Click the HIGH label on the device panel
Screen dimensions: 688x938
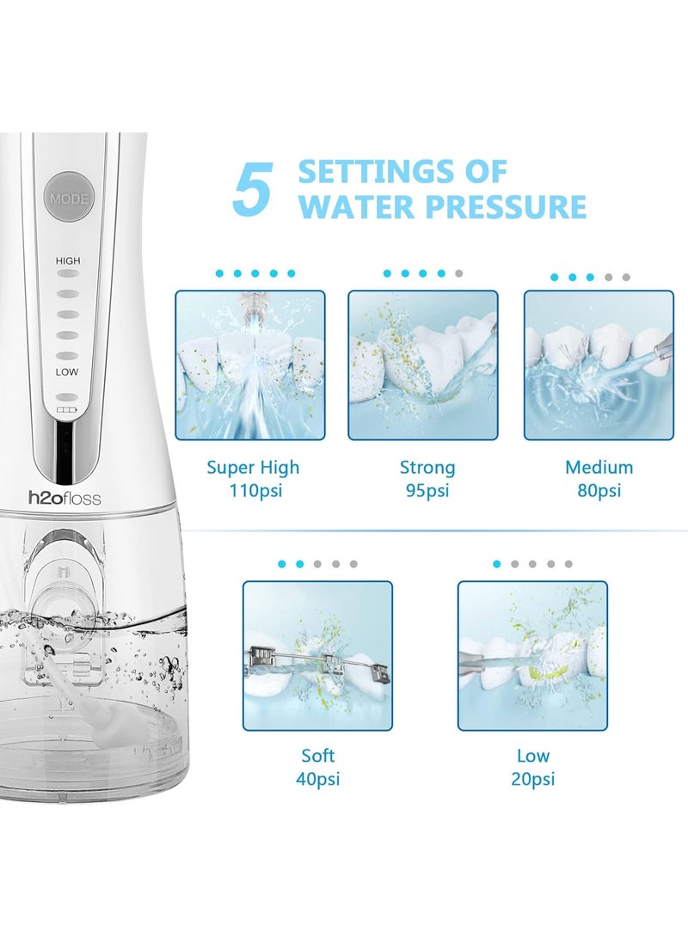click(68, 261)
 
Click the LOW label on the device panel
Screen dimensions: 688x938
click(66, 372)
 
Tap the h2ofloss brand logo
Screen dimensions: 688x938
click(64, 499)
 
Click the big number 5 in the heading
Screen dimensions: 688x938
click(253, 189)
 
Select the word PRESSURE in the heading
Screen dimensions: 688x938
click(507, 206)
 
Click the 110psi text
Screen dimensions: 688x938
click(255, 491)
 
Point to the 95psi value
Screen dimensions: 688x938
click(427, 491)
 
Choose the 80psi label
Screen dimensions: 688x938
click(599, 491)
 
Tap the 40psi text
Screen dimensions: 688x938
click(317, 780)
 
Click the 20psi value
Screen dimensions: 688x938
click(532, 780)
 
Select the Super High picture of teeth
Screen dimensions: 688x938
click(250, 365)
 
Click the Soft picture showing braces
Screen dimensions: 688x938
click(317, 656)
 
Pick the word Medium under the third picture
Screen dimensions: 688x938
click(599, 467)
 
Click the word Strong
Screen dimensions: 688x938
click(427, 467)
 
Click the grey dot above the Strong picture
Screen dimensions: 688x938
click(459, 273)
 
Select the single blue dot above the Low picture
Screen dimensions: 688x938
click(496, 564)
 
